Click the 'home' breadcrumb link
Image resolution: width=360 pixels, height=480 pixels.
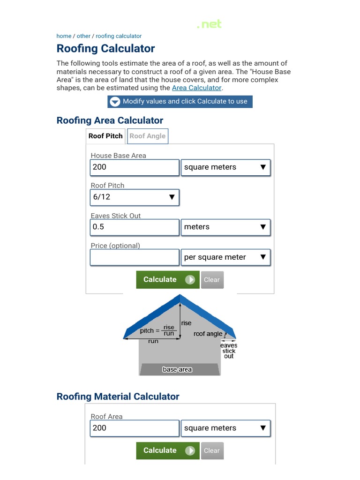[x=64, y=36]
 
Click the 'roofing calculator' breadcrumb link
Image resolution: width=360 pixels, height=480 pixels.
[x=119, y=36]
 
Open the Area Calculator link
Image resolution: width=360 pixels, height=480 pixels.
[x=196, y=88]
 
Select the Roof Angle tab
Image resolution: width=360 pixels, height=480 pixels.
[x=147, y=136]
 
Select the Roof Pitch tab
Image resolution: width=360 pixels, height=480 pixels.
[x=105, y=136]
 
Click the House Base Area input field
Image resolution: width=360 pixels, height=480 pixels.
[x=134, y=167]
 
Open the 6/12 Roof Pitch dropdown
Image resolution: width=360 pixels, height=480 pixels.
[x=134, y=197]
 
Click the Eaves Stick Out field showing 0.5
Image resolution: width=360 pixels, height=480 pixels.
[x=134, y=227]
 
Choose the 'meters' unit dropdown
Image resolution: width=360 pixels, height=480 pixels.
[x=225, y=227]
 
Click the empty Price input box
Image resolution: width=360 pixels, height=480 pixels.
[x=134, y=257]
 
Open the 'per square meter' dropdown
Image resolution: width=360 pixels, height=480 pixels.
[x=225, y=257]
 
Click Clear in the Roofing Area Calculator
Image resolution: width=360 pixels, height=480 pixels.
[x=211, y=280]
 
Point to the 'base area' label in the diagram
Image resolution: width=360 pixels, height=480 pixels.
[x=177, y=369]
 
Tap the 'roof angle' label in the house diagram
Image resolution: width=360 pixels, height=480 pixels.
[x=208, y=334]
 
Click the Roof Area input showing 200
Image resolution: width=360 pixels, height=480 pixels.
[x=134, y=428]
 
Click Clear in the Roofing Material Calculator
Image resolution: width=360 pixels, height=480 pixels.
[x=211, y=451]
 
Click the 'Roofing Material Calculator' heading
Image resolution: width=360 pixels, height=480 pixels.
[x=118, y=397]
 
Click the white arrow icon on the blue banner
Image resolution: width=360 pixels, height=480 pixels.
[x=115, y=102]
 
